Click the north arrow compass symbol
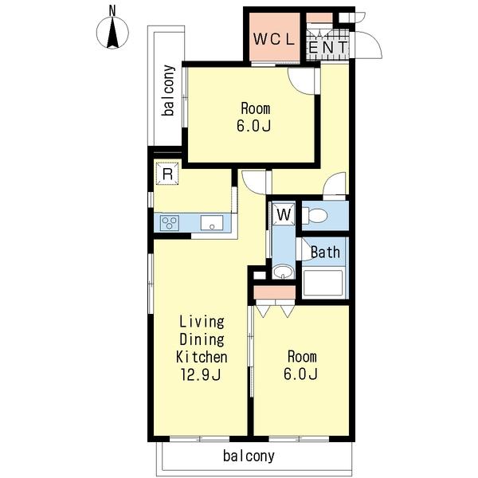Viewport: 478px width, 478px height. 112,33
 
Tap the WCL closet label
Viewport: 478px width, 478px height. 274,39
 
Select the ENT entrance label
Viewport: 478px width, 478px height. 328,48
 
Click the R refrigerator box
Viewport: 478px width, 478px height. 167,174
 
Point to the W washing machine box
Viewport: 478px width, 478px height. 284,214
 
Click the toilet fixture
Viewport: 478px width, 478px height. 315,216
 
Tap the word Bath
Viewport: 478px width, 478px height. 325,253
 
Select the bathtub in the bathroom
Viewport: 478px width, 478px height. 323,283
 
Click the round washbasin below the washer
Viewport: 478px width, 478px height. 283,271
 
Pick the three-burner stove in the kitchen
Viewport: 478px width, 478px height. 170,223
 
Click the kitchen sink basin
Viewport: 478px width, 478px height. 212,223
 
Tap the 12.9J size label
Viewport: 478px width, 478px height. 201,374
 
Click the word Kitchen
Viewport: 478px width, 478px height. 202,357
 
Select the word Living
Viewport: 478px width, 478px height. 202,322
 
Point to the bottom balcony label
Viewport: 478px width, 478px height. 249,456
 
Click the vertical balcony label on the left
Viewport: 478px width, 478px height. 169,90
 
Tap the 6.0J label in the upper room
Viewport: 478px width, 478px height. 253,126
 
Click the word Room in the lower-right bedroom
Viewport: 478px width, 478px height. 302,357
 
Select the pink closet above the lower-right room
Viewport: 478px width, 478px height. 275,292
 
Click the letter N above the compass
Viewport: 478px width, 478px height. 112,11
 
